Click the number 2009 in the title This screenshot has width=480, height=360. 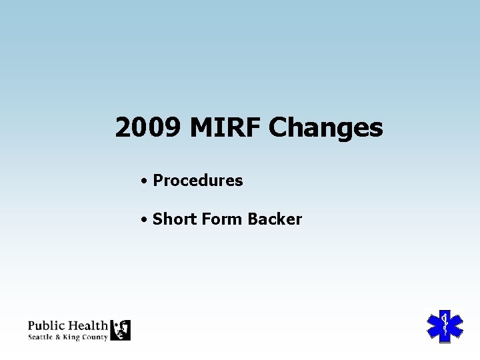click(147, 127)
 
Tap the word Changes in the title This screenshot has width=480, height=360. click(325, 127)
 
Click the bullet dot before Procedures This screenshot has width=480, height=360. click(144, 181)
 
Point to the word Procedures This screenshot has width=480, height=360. click(198, 181)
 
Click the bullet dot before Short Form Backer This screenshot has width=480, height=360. click(144, 219)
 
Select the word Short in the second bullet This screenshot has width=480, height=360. click(172, 219)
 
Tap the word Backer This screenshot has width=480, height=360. click(275, 219)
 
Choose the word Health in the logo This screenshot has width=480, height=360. click(87, 326)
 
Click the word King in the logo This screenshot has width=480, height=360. click(71, 337)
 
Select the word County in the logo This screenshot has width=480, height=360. click(95, 337)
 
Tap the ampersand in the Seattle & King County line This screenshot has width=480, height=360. click(57, 337)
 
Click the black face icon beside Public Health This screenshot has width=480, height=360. click(120, 330)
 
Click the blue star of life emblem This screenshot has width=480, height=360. click(444, 326)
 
